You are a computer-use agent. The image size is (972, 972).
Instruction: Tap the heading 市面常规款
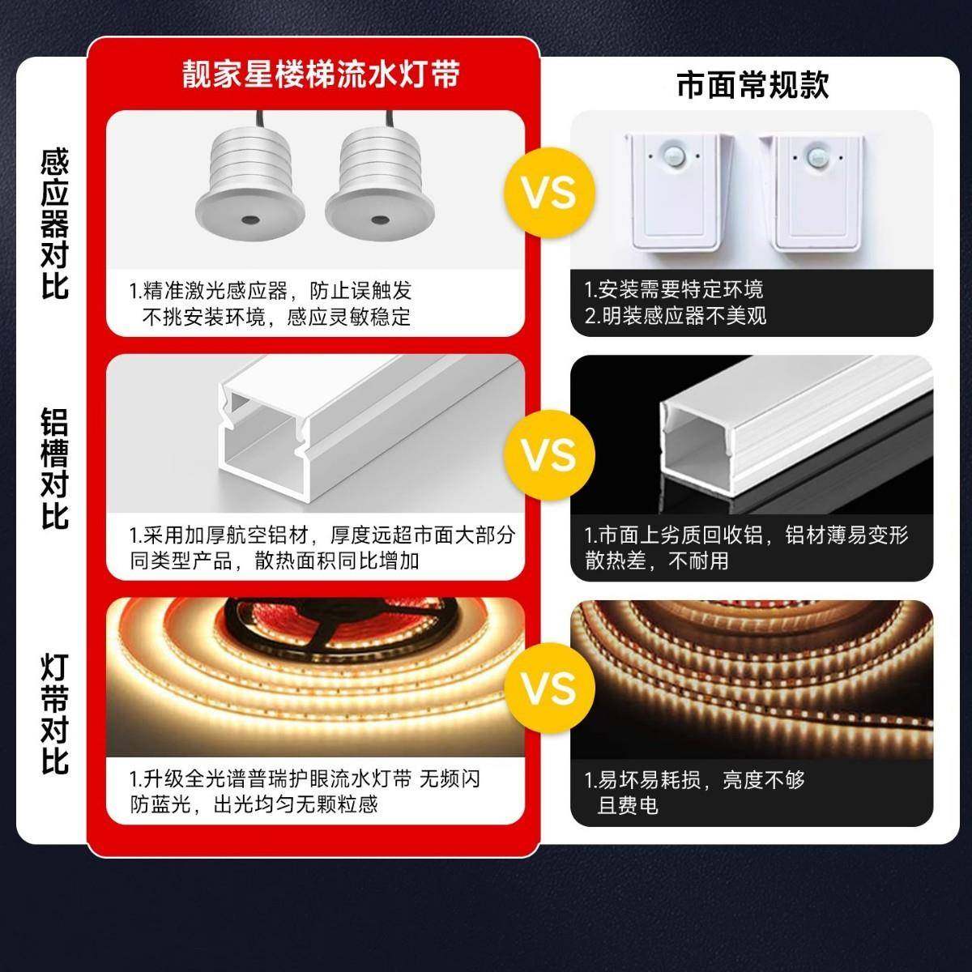(752, 83)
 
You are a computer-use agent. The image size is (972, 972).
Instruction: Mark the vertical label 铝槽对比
(55, 468)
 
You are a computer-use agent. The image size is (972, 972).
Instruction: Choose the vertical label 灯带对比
(55, 713)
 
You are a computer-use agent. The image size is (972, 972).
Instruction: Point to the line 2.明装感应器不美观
(676, 316)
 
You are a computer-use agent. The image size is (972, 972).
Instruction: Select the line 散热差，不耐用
(656, 560)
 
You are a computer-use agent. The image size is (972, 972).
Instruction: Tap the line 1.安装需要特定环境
(673, 290)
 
